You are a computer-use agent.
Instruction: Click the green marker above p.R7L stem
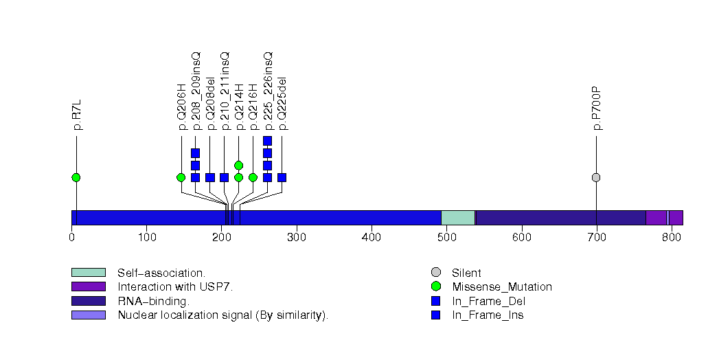coord(76,177)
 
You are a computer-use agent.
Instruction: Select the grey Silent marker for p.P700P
coord(596,177)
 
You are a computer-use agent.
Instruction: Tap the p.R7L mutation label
coord(77,115)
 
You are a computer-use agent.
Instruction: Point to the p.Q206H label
coord(182,106)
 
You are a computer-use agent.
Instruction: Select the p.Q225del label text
coord(282,104)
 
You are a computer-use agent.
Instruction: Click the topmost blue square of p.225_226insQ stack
coord(267,141)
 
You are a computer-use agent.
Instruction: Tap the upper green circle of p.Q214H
coord(238,165)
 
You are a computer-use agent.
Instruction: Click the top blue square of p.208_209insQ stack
coord(195,153)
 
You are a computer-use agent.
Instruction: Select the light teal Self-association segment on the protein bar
coord(457,218)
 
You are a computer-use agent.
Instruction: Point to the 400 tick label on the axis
coord(372,238)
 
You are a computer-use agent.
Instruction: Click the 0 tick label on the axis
coord(71,238)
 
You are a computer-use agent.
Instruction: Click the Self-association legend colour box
coord(88,273)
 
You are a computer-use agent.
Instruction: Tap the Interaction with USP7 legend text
coord(175,286)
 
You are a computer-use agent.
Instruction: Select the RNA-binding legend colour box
coord(88,301)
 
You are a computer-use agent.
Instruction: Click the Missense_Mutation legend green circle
coord(435,286)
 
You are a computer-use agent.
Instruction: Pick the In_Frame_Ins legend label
coord(488,315)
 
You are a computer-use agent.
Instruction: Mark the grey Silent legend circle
coord(435,273)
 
